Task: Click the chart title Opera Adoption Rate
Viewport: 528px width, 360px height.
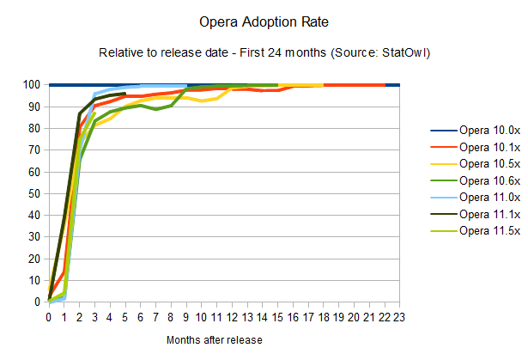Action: click(264, 19)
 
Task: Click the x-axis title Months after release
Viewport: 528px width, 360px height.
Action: click(214, 340)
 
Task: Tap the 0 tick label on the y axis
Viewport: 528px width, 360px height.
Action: click(39, 302)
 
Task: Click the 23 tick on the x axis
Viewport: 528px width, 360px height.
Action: click(399, 316)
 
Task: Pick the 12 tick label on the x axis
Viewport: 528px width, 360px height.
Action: click(232, 316)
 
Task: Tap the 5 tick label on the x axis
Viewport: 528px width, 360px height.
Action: click(125, 316)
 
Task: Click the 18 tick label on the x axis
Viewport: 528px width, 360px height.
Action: click(324, 316)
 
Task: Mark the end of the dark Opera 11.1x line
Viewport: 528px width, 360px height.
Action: click(125, 93)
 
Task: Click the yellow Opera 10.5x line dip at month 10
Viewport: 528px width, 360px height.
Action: click(202, 101)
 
